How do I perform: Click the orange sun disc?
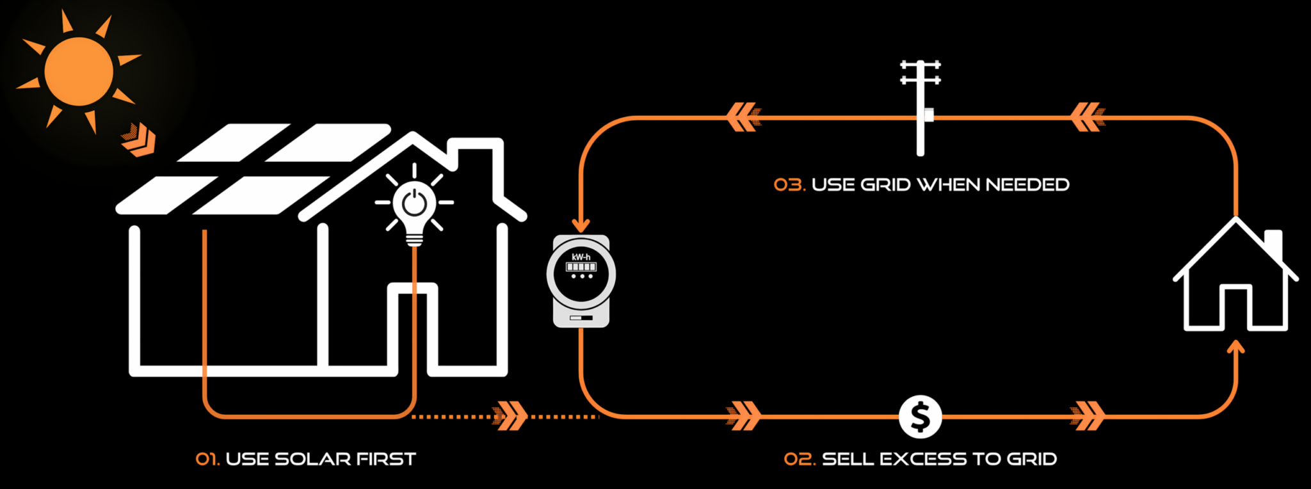(x=79, y=71)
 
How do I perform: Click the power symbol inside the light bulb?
(x=414, y=203)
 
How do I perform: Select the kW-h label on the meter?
(x=581, y=257)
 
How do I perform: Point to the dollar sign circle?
(x=920, y=417)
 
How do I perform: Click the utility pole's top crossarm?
(x=921, y=65)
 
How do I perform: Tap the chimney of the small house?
(x=1274, y=243)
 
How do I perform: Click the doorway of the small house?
(x=1235, y=307)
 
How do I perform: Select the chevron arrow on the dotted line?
(x=510, y=416)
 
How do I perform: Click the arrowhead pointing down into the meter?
(x=581, y=225)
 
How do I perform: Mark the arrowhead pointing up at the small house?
(x=1235, y=348)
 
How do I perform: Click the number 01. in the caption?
(x=207, y=459)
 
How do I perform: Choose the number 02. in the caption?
(x=800, y=459)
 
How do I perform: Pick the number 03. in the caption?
(x=789, y=185)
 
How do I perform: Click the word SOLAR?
(x=312, y=459)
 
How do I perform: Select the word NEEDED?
(x=1027, y=185)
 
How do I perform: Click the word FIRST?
(x=386, y=459)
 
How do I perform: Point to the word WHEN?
(x=949, y=185)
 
